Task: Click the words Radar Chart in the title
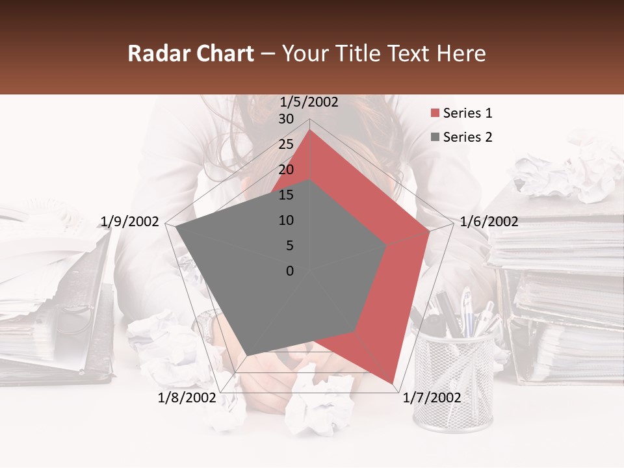click(190, 54)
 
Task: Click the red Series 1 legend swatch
click(435, 114)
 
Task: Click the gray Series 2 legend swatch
click(435, 137)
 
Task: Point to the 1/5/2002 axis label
click(309, 102)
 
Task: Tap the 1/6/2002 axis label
click(489, 222)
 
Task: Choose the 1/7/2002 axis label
click(432, 397)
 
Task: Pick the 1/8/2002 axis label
click(187, 397)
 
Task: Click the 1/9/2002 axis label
click(129, 222)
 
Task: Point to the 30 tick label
click(286, 119)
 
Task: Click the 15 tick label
click(286, 195)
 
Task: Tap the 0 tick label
click(290, 271)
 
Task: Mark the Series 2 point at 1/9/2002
click(175, 227)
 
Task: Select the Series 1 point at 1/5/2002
click(310, 130)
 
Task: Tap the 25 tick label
click(286, 144)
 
